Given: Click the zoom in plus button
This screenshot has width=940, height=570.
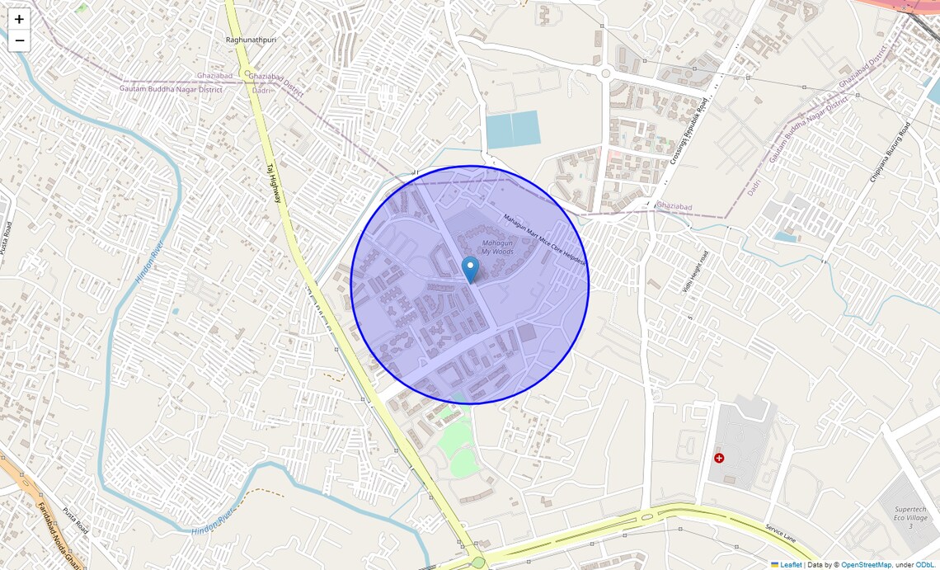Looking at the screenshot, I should click(x=19, y=19).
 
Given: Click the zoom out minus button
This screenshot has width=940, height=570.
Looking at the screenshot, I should click(x=19, y=40).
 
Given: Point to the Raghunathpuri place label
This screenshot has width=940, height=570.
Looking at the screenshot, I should click(x=250, y=40).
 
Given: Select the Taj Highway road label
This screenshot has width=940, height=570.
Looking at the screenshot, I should click(x=274, y=182).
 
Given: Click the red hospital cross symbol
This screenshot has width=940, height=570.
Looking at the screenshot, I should click(x=719, y=457).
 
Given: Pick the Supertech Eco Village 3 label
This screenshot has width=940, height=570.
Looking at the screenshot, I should click(x=909, y=517).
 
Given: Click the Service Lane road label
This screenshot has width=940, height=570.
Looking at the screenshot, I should click(x=780, y=533).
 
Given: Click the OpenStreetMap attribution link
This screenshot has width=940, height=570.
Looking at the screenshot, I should click(x=866, y=565).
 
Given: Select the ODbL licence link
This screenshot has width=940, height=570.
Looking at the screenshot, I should click(x=925, y=565).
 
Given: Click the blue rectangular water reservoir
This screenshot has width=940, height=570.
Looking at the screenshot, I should click(x=513, y=130).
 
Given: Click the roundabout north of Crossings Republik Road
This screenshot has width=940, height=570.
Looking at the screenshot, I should click(x=605, y=73).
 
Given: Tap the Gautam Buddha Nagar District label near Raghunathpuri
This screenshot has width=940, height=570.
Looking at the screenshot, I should click(x=171, y=88).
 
